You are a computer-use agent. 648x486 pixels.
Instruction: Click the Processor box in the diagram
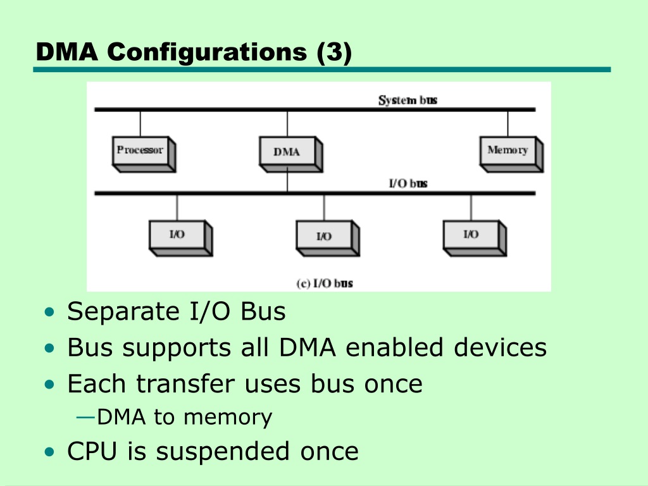coord(144,154)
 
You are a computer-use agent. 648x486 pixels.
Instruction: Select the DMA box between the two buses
coord(291,154)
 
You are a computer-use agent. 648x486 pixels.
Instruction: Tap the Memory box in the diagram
coord(511,154)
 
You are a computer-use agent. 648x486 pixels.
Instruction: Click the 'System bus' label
coord(408,100)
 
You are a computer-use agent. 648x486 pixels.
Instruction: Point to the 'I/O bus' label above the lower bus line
coord(408,183)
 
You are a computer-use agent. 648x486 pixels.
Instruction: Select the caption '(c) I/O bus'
coord(325,283)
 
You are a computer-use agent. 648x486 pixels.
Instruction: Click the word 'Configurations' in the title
coord(207,53)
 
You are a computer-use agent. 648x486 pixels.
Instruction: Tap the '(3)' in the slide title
coord(334,53)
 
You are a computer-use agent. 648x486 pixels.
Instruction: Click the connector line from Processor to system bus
coord(140,124)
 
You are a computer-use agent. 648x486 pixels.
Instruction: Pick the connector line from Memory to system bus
coord(508,124)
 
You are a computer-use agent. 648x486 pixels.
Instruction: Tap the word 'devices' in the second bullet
coord(500,347)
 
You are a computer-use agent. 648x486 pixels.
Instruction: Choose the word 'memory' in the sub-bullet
coord(228,418)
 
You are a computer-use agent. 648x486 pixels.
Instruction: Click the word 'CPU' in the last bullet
coord(92,451)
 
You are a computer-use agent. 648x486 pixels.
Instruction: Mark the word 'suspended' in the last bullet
coord(223,452)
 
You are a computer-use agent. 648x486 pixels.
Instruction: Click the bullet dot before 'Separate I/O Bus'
coord(49,312)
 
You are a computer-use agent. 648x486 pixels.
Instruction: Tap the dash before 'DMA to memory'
coord(86,418)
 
